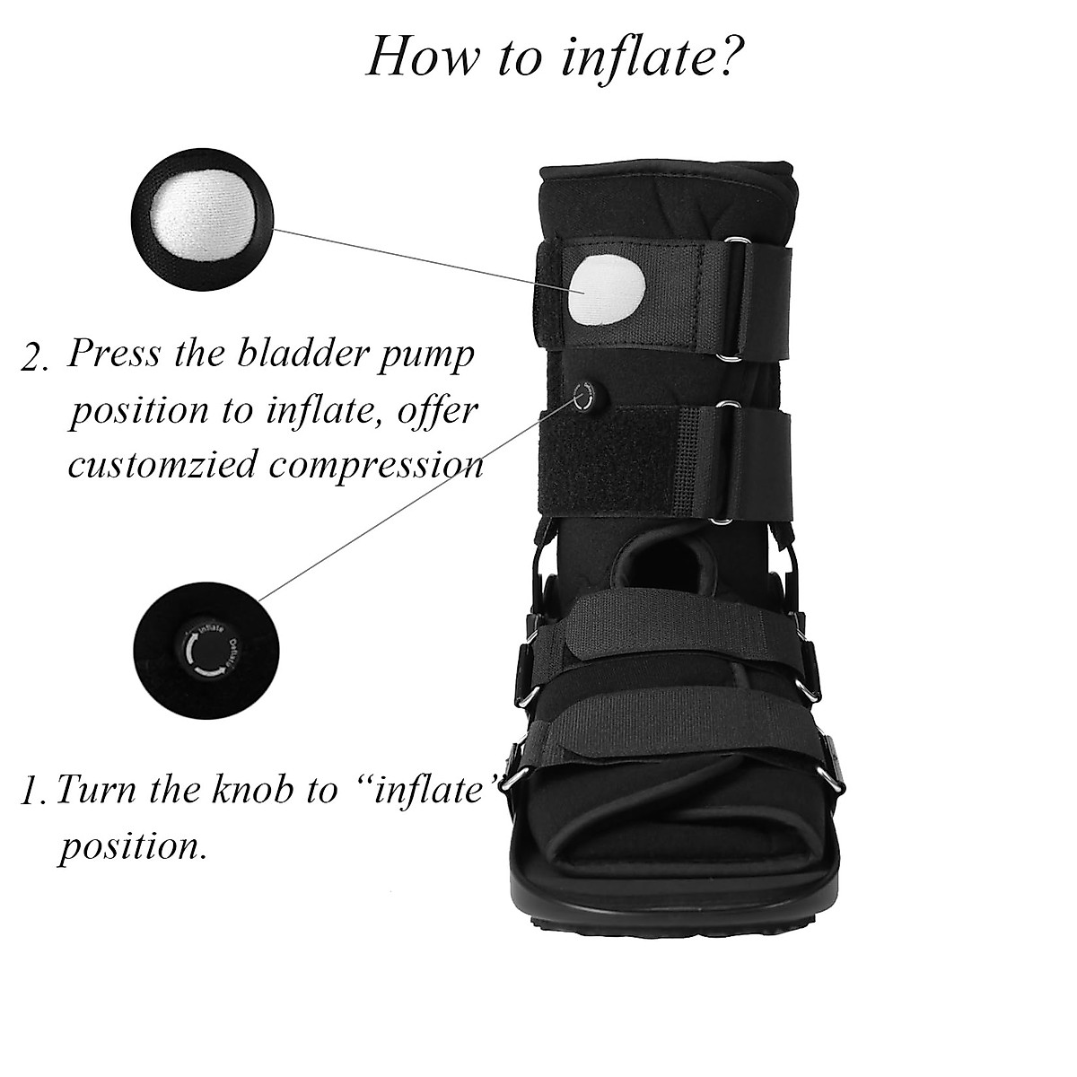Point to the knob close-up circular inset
click(201, 649)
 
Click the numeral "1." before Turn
click(36, 792)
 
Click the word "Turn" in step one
click(96, 789)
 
